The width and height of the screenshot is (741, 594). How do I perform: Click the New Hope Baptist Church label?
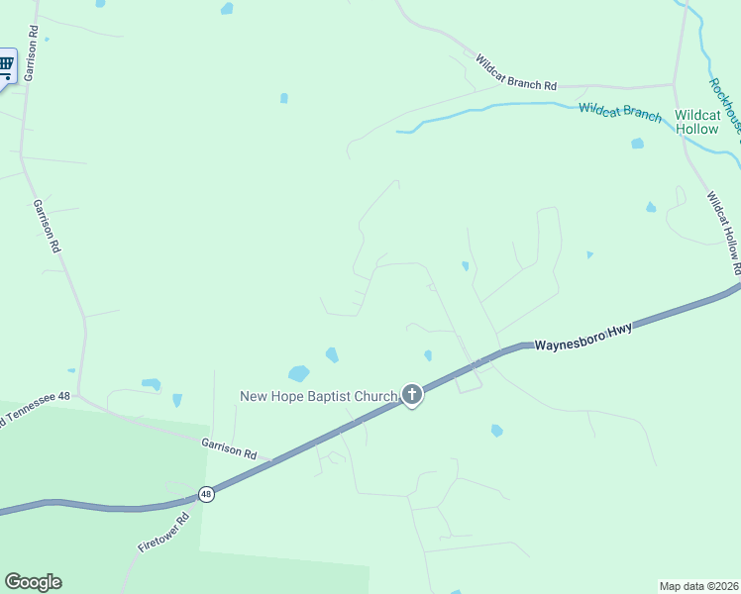[x=319, y=396]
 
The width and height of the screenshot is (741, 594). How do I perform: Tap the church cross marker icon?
[x=412, y=395]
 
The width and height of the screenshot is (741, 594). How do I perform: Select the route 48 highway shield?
[x=206, y=494]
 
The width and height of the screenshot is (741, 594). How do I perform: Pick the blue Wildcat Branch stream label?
[x=620, y=112]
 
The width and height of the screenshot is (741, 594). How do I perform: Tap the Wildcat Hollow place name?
[x=696, y=123]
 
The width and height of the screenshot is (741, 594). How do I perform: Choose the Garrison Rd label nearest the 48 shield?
[x=229, y=448]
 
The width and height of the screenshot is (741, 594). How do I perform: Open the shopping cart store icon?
[x=6, y=66]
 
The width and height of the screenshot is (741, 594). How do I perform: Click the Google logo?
[x=33, y=582]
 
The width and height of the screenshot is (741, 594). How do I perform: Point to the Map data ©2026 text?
[x=698, y=586]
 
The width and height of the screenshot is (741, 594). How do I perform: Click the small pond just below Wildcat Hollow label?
[x=637, y=144]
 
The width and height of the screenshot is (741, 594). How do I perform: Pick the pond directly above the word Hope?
[x=298, y=373]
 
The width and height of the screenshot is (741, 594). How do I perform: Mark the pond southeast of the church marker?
[x=496, y=431]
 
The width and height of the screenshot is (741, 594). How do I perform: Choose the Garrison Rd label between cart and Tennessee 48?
[x=47, y=227]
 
